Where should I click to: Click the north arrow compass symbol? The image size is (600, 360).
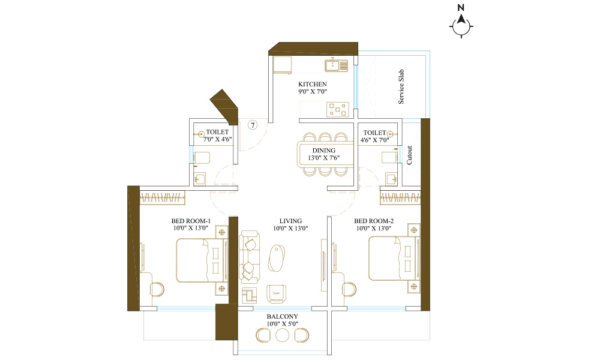point(461,26)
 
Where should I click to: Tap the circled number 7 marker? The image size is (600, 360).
point(253,125)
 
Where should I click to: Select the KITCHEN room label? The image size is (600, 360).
point(313,84)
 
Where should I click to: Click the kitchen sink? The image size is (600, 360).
point(337,65)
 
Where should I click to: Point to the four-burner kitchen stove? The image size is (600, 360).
point(337,109)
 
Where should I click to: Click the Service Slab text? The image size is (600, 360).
point(401,86)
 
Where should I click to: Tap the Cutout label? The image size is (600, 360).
point(409,155)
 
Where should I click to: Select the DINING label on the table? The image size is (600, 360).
point(324,151)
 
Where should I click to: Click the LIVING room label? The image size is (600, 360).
point(290,221)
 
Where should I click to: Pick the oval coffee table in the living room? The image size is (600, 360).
point(277,258)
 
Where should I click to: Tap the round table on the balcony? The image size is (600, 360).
point(283,335)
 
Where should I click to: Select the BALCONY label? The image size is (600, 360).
point(283,316)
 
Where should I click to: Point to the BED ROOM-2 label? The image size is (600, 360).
point(374,221)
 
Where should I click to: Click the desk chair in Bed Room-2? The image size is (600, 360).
point(349,290)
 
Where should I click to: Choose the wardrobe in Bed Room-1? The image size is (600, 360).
point(162,197)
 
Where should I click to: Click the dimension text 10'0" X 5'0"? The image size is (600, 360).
point(283,324)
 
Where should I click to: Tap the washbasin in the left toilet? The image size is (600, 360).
point(199,179)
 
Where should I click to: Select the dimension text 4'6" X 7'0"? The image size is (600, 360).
point(374,140)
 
